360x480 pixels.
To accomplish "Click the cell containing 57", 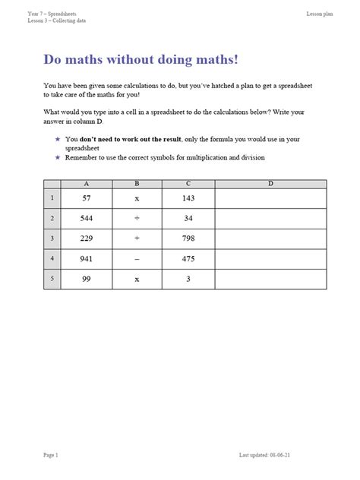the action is pyautogui.click(x=86, y=198).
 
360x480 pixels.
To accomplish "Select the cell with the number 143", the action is pyautogui.click(x=188, y=198).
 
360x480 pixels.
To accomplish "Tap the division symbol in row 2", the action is pyautogui.click(x=137, y=219).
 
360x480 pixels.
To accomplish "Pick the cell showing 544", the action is pyautogui.click(x=86, y=219).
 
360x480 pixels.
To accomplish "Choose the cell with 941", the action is pyautogui.click(x=86, y=259).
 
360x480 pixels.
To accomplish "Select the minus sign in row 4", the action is pyautogui.click(x=137, y=259).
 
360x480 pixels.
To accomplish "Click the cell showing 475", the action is pyautogui.click(x=188, y=259).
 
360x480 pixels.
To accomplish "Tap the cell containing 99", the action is pyautogui.click(x=86, y=279).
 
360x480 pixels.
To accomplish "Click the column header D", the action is pyautogui.click(x=270, y=184).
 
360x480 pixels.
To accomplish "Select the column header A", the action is pyautogui.click(x=86, y=184).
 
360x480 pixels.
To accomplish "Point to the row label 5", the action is pyautogui.click(x=52, y=279).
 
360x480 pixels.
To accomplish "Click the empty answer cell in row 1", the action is pyautogui.click(x=270, y=198).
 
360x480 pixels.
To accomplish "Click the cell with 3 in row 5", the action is pyautogui.click(x=188, y=279).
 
